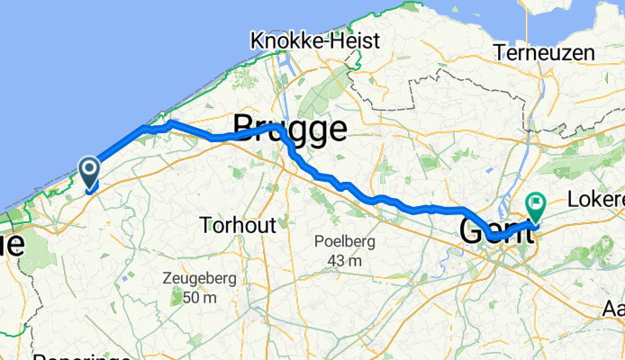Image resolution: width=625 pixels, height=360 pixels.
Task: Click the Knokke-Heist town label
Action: pos(315,41)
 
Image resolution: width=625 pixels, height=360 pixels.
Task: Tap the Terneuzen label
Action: pos(545,53)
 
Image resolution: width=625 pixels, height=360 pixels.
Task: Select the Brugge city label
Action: pos(290,130)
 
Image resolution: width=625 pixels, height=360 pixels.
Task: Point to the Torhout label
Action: pos(238,225)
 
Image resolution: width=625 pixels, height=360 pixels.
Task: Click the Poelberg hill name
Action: pos(346,241)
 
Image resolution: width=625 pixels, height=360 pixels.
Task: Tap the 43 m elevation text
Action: pos(346,260)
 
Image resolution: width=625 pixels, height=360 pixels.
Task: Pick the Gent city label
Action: pos(494,230)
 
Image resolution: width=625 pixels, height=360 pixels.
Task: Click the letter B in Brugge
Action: pos(245,130)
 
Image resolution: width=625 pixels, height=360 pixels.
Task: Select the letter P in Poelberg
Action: pos(321,241)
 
